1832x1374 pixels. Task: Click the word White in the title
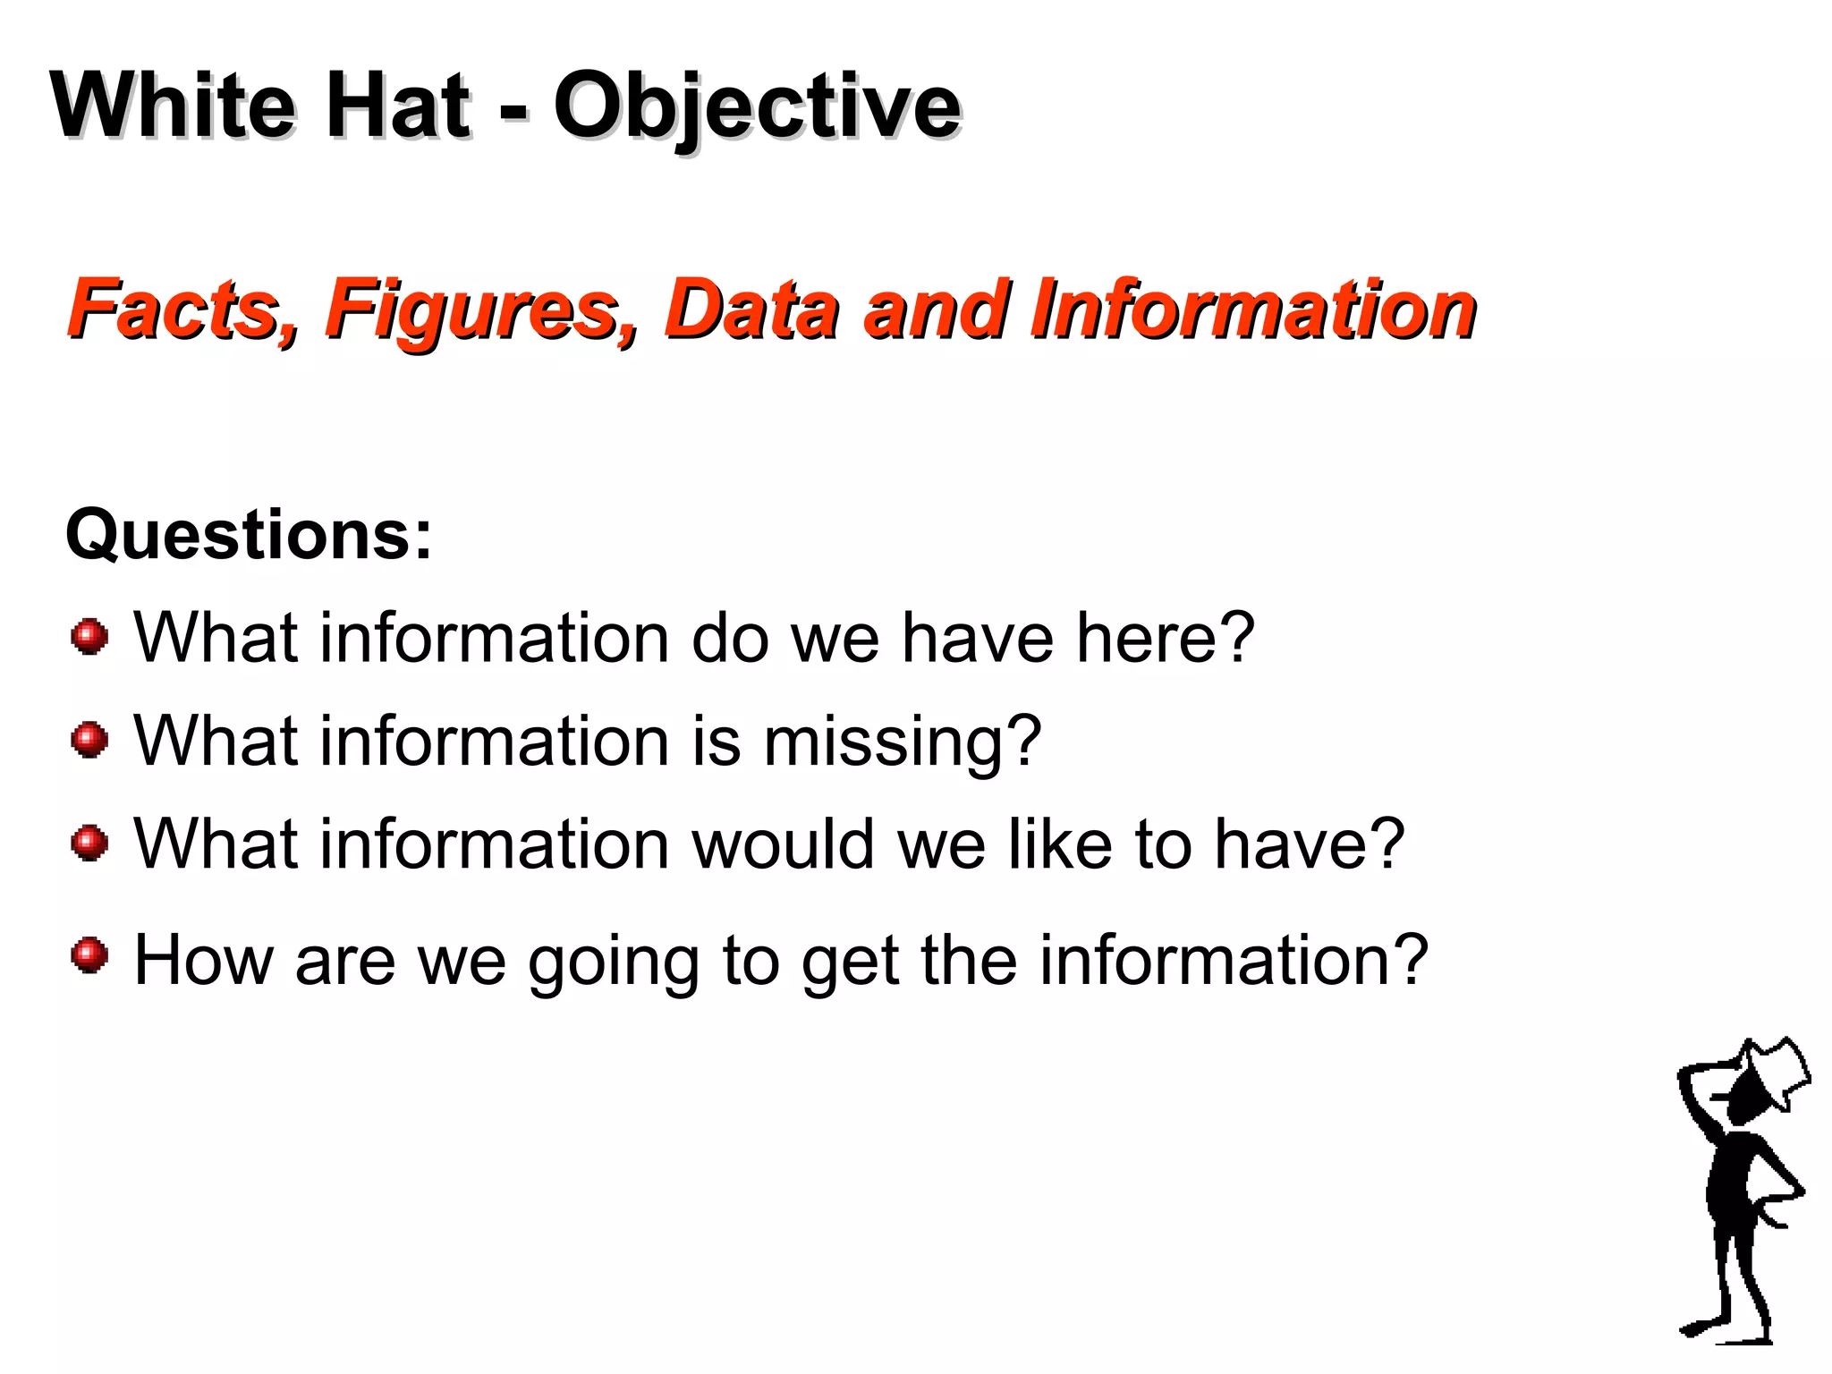tap(171, 105)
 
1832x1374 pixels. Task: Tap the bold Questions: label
tap(249, 535)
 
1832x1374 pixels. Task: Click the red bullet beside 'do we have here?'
tap(89, 637)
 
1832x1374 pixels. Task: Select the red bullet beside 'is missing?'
tap(89, 740)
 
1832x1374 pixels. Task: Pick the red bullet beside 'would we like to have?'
tap(89, 843)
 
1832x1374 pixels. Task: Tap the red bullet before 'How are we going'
tap(89, 955)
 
